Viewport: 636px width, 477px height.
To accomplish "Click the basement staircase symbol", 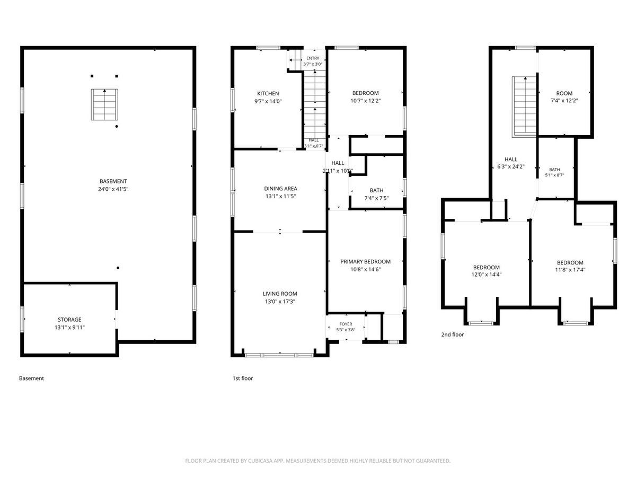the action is (x=104, y=104).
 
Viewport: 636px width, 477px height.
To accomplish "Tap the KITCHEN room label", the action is (x=268, y=94).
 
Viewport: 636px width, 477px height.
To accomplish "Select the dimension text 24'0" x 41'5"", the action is (x=113, y=189).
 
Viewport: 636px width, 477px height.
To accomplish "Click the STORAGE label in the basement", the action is (x=69, y=320).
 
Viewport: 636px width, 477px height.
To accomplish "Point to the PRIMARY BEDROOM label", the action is (x=365, y=261).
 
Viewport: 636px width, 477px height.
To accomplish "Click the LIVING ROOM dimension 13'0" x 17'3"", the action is (x=280, y=302).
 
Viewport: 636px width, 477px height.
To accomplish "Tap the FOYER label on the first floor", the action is (x=346, y=324).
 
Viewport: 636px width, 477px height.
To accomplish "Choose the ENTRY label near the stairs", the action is (x=313, y=58).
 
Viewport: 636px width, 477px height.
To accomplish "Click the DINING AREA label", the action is (x=280, y=189).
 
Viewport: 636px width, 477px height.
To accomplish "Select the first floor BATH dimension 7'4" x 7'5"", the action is (x=376, y=198).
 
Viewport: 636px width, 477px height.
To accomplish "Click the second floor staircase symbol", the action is (x=524, y=107).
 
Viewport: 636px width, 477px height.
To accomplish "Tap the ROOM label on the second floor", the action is (x=564, y=94).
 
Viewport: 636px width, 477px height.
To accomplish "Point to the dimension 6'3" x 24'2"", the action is (x=511, y=167).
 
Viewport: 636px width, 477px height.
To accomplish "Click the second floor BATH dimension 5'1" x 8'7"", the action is (x=554, y=175).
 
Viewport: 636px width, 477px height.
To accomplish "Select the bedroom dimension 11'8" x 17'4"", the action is (x=570, y=270).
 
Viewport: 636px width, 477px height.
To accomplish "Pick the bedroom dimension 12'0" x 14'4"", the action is (x=486, y=274).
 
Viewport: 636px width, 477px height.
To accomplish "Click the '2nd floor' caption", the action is (x=452, y=334).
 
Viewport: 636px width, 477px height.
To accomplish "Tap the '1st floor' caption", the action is (x=243, y=378).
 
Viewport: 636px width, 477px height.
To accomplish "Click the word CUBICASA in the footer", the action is (x=260, y=461).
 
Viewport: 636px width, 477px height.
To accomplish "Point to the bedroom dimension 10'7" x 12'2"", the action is (x=365, y=101).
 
